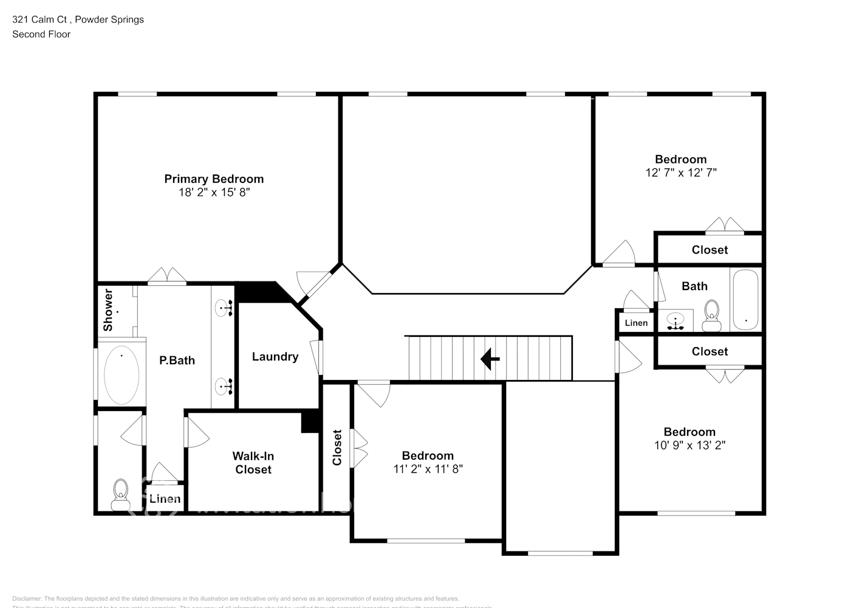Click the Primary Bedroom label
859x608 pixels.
(214, 179)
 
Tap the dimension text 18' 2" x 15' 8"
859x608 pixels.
(214, 193)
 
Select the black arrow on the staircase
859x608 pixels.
(490, 359)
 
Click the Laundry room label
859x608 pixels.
(275, 357)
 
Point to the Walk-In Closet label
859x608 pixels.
(253, 463)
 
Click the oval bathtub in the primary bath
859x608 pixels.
(121, 375)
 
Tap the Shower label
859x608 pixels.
(108, 310)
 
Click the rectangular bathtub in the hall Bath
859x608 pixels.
(745, 300)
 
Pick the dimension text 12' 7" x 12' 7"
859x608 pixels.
(680, 173)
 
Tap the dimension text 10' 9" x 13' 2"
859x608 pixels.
(690, 445)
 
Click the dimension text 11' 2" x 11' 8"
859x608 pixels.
(428, 469)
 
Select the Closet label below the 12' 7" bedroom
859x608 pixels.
(710, 250)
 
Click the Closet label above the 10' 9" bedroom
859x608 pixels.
(710, 351)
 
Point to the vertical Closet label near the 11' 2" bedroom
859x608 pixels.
(337, 447)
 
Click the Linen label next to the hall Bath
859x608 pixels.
(636, 323)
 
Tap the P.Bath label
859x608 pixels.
(177, 361)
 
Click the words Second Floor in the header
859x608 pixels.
(41, 34)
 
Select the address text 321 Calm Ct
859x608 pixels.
(39, 19)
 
